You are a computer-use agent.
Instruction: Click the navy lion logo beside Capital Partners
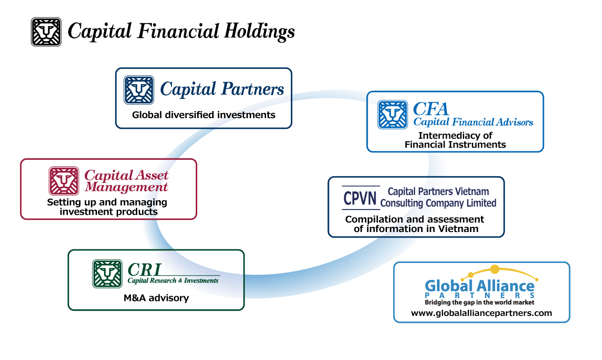[x=139, y=90]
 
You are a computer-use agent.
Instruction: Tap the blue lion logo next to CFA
[x=393, y=114]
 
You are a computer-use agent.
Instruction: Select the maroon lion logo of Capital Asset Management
[x=64, y=181]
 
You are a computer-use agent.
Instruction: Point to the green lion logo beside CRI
[x=107, y=273]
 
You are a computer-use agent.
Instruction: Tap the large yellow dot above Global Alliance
[x=495, y=269]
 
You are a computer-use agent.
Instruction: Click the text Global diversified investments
[x=204, y=115]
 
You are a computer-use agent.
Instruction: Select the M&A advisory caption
[x=156, y=298]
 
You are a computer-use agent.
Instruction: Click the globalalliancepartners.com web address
[x=481, y=313]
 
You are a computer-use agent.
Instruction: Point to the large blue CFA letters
[x=431, y=109]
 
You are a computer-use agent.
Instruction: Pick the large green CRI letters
[x=144, y=270]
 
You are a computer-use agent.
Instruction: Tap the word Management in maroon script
[x=126, y=187]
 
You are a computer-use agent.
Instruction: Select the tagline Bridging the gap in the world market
[x=479, y=302]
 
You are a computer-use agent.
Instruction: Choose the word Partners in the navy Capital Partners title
[x=253, y=89]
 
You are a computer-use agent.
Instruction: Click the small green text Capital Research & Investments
[x=173, y=280]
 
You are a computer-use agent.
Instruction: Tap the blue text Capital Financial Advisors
[x=473, y=122]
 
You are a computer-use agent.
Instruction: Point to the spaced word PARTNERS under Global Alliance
[x=479, y=295]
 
